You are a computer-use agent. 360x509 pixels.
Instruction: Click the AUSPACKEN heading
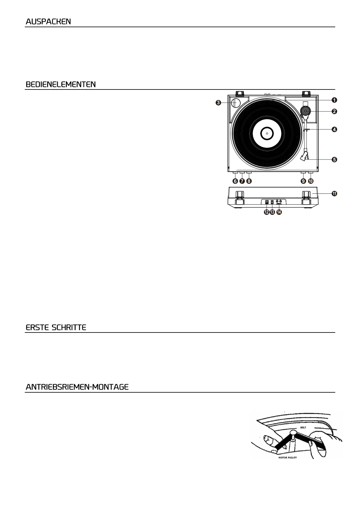(48, 22)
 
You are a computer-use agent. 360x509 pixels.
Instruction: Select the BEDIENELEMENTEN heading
(61, 84)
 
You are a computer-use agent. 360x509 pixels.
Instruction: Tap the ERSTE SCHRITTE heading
(56, 328)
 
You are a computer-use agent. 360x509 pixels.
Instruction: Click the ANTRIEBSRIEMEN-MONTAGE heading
(77, 387)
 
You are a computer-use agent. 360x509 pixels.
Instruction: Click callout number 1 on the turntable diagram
(334, 100)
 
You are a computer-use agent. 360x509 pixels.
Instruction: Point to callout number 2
(334, 111)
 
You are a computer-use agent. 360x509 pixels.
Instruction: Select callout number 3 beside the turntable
(218, 103)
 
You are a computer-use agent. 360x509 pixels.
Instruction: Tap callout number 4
(334, 129)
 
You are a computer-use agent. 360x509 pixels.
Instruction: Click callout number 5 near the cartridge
(334, 160)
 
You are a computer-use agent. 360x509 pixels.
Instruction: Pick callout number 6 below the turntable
(235, 181)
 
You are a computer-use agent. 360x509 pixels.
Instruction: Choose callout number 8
(249, 181)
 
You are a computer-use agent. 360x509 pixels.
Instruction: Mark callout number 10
(311, 181)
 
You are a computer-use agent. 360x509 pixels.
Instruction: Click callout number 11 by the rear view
(334, 194)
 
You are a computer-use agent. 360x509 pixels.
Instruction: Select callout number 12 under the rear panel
(266, 212)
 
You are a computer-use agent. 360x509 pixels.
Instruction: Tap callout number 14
(279, 212)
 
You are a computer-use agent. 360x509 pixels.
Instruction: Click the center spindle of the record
(267, 133)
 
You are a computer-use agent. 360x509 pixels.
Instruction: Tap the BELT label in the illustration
(303, 427)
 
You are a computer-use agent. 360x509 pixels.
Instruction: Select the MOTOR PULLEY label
(287, 458)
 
